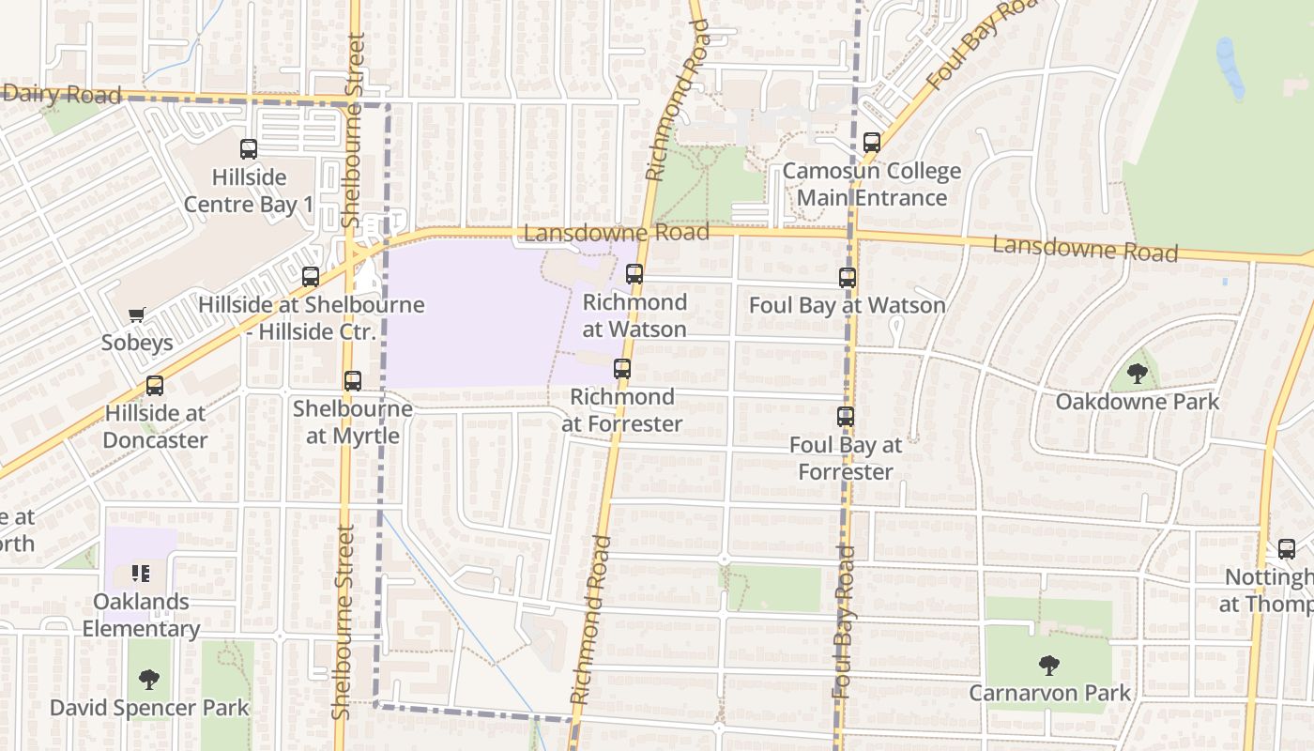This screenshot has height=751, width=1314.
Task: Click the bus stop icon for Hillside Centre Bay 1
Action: (x=249, y=148)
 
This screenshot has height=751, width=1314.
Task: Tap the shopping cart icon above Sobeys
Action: (x=137, y=315)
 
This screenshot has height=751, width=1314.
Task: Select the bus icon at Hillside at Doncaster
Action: (x=154, y=386)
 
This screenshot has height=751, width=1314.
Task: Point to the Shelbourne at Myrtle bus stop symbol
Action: (x=353, y=381)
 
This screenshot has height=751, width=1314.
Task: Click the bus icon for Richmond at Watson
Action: (x=634, y=274)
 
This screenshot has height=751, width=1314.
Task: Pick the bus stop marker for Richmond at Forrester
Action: (x=622, y=369)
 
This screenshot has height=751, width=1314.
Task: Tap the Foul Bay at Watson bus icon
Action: (x=848, y=278)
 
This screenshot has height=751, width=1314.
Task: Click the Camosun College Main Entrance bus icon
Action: (x=872, y=143)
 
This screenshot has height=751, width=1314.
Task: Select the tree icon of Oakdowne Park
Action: (x=1138, y=374)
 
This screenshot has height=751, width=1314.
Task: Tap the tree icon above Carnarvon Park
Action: (x=1049, y=666)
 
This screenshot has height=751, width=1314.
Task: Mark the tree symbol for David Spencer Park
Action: (x=149, y=679)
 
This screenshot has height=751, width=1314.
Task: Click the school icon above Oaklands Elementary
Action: (x=141, y=573)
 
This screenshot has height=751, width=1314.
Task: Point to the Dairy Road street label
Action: (x=62, y=94)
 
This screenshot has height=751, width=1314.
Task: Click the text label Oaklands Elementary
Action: (x=141, y=615)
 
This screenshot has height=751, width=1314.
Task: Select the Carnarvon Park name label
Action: (x=1049, y=694)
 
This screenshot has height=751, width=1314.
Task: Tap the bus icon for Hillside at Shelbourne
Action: (x=311, y=277)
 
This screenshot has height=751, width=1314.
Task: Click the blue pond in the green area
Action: (x=1230, y=68)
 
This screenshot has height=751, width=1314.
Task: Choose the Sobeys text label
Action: (x=137, y=343)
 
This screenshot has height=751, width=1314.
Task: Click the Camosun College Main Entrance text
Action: (x=872, y=184)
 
